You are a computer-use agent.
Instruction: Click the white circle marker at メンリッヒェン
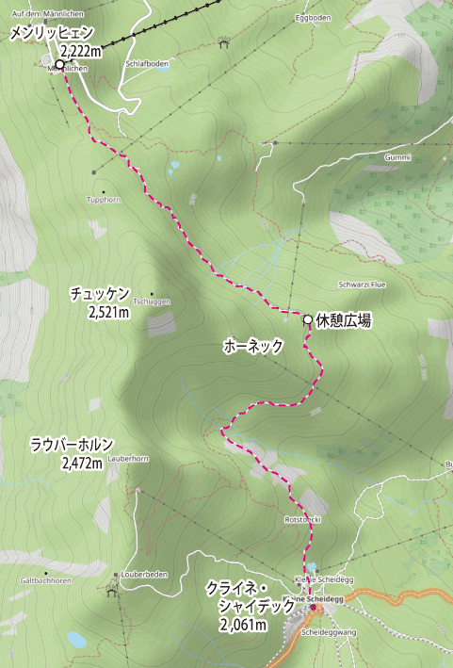(x=59, y=65)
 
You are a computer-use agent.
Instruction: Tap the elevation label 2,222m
(x=80, y=50)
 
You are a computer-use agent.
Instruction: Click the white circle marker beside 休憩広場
(x=307, y=319)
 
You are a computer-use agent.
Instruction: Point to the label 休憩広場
(x=343, y=320)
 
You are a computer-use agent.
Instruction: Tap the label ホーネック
(x=253, y=346)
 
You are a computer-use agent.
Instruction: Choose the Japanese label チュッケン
(x=99, y=294)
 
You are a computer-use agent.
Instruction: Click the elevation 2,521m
(x=108, y=310)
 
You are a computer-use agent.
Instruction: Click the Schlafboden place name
(x=147, y=64)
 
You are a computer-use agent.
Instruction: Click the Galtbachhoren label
(x=41, y=581)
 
